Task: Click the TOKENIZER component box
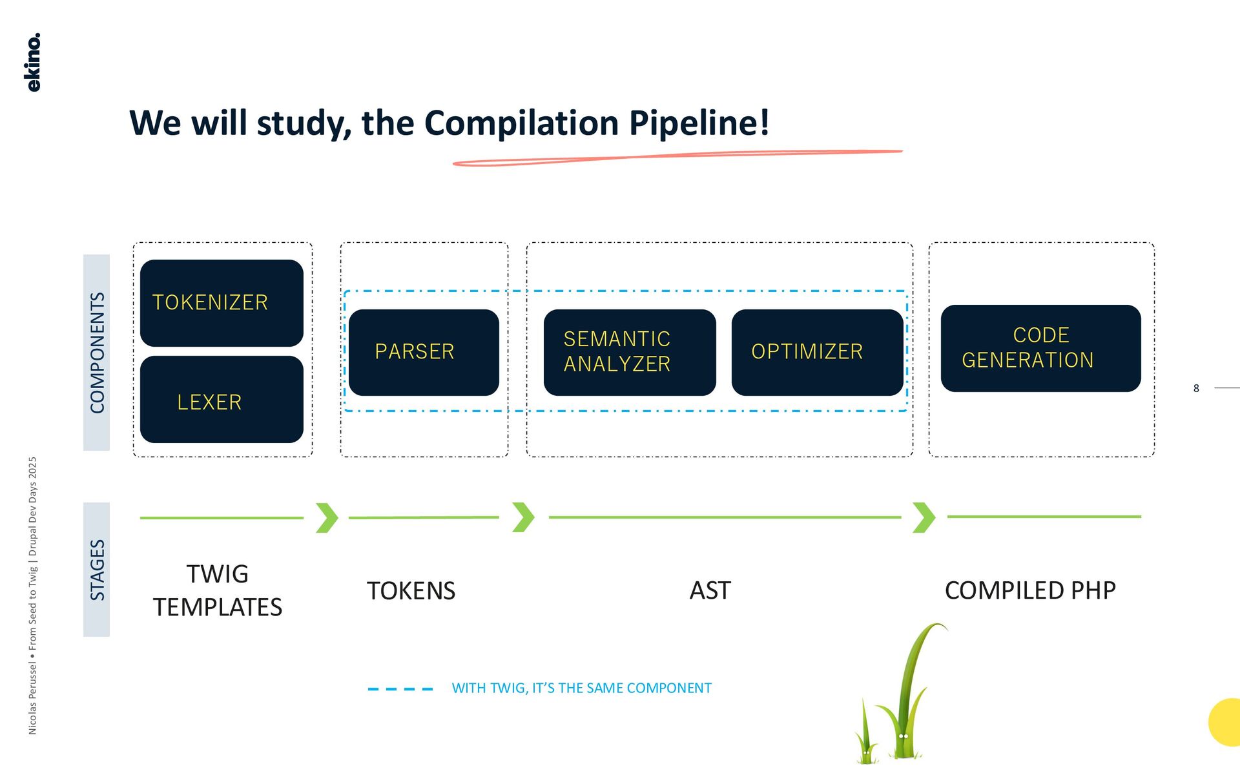(222, 303)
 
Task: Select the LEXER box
(222, 400)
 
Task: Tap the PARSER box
(424, 352)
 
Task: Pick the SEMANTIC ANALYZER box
(630, 352)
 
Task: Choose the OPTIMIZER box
(817, 352)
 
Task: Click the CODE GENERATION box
(1040, 348)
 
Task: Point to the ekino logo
(33, 62)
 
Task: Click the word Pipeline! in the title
(699, 123)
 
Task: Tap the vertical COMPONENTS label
(97, 353)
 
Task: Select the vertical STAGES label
(97, 570)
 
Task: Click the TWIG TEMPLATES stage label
(218, 590)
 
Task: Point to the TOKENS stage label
(411, 591)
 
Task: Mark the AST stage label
(710, 590)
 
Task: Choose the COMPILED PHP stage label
(1030, 590)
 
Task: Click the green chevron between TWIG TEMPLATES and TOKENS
(327, 517)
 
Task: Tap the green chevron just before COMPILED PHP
(924, 517)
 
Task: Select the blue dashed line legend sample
(400, 689)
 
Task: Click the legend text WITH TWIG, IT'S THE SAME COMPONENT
(581, 688)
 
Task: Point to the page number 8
(1196, 388)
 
